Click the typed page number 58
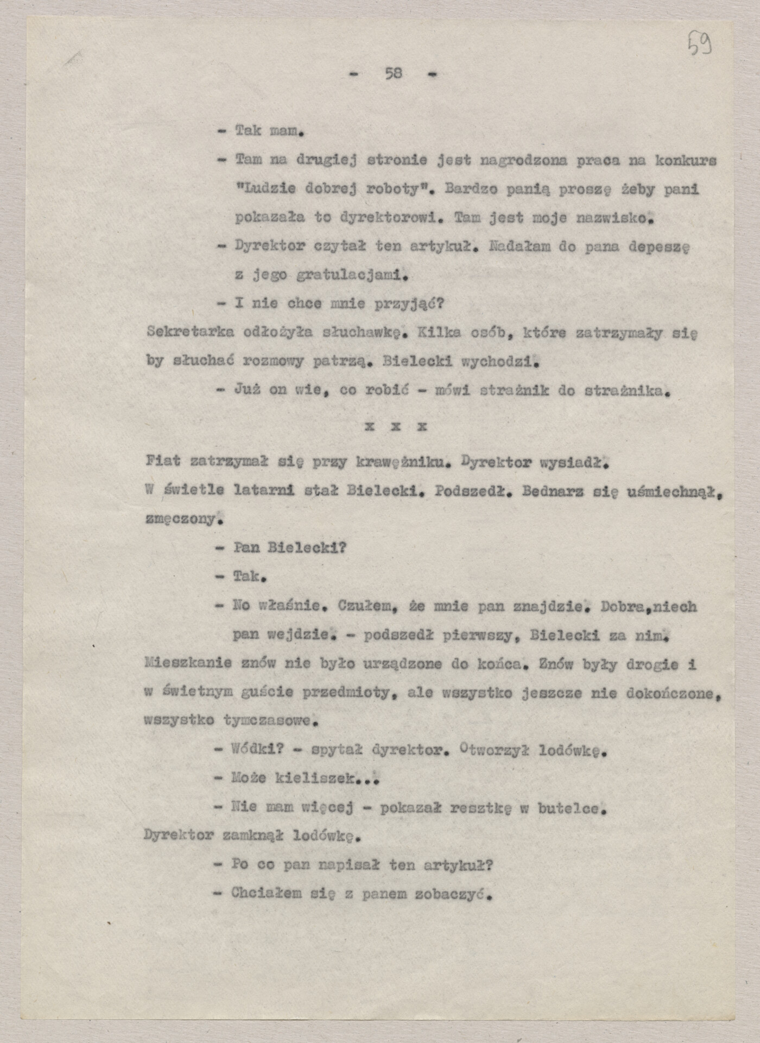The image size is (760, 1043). [394, 73]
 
